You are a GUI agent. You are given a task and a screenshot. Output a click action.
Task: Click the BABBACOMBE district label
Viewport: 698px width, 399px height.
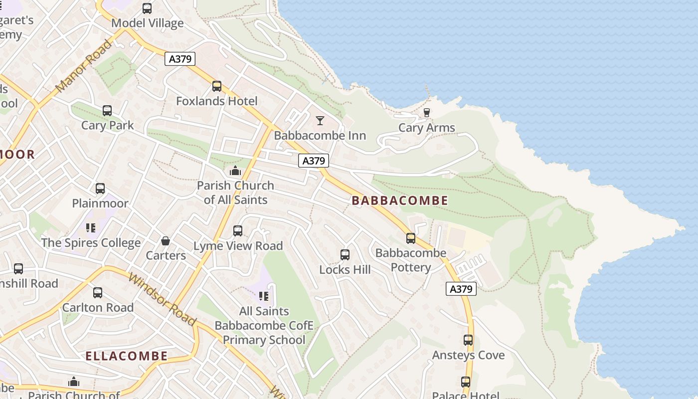point(400,200)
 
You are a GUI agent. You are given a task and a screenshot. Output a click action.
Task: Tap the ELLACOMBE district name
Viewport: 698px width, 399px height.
point(126,356)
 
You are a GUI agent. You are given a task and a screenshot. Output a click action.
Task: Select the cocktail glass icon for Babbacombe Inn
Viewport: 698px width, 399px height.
point(320,121)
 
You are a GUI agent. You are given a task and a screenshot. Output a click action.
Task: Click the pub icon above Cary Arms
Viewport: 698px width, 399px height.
point(426,113)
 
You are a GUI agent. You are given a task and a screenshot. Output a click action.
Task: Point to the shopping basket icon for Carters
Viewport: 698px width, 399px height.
point(166,241)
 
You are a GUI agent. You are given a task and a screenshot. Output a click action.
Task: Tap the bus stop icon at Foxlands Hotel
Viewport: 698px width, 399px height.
point(217,86)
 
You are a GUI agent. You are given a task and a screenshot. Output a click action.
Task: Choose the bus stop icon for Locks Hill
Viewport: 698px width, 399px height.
point(345,255)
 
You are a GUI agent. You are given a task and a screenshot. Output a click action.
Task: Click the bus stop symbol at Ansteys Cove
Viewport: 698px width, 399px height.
point(468,340)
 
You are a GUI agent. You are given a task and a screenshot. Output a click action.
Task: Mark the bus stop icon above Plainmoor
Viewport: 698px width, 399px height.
point(100,189)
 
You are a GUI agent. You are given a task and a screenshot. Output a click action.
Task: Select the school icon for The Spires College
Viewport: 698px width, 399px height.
point(90,228)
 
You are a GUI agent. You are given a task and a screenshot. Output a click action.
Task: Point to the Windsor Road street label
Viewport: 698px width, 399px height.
point(162,298)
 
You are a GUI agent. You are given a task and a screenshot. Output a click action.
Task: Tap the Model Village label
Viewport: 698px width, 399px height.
point(148,23)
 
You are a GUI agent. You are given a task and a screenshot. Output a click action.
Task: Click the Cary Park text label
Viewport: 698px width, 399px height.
point(108,125)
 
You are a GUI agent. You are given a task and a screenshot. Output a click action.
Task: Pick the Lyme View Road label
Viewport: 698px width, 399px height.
point(238,246)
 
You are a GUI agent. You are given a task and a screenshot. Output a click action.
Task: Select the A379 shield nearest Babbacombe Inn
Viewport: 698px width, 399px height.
point(314,161)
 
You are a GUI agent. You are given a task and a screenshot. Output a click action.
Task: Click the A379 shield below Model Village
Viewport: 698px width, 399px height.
point(180,59)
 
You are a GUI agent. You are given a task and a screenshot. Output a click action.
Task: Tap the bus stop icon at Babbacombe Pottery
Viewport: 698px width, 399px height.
point(411,238)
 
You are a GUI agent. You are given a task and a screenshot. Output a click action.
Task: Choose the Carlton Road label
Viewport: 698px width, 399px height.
point(98,307)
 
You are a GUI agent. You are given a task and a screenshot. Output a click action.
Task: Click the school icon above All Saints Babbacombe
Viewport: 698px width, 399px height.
point(264,296)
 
